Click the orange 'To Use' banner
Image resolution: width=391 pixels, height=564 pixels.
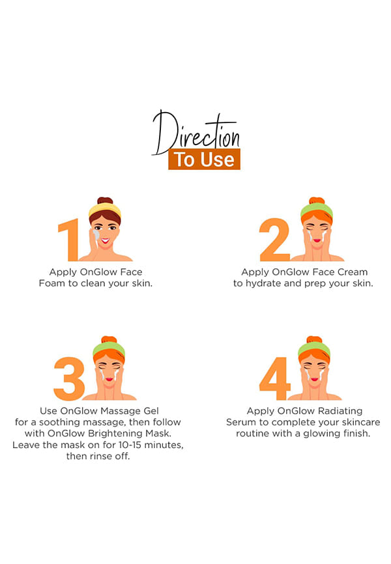tap(204, 159)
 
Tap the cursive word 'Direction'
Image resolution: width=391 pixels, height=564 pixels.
tap(196, 133)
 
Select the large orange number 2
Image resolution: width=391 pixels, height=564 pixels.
tap(274, 240)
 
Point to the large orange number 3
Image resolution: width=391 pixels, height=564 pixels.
tap(69, 379)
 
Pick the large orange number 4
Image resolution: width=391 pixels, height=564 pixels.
tap(275, 379)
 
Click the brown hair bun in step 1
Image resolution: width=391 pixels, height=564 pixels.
tap(105, 201)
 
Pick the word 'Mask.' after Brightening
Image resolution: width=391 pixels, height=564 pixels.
tap(159, 434)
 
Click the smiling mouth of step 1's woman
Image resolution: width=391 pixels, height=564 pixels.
tap(105, 240)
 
